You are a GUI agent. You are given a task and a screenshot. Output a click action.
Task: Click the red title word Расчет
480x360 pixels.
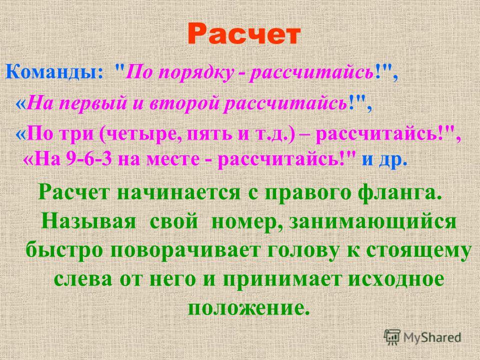click(x=243, y=33)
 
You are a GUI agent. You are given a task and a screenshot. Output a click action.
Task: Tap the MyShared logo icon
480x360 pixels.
click(x=392, y=337)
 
